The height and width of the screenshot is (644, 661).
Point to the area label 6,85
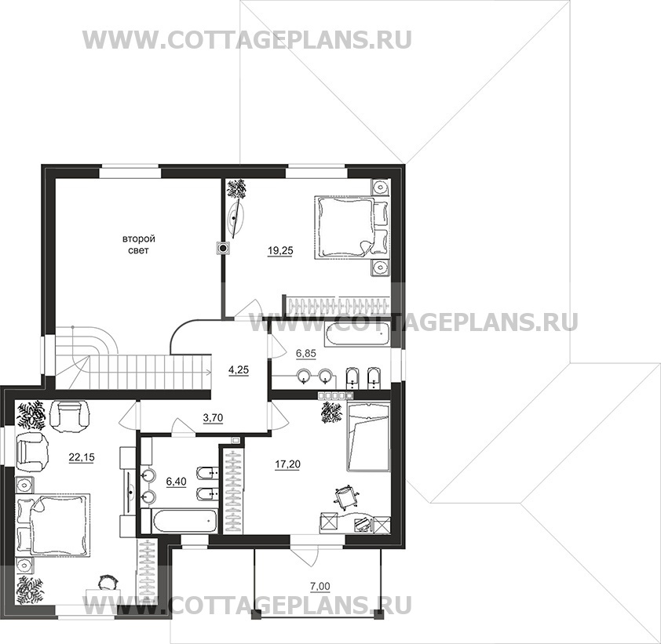click(305, 355)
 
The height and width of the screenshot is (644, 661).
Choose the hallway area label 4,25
click(238, 368)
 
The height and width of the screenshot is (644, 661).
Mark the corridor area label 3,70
click(213, 418)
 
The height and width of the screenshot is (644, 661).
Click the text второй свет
click(138, 244)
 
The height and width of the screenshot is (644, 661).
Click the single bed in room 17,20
click(368, 436)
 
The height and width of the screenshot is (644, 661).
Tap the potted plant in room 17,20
click(332, 411)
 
